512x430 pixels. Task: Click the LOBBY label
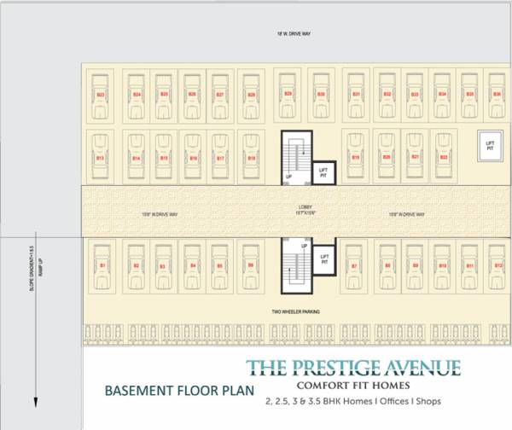tap(305, 206)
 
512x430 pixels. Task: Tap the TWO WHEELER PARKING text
tap(296, 312)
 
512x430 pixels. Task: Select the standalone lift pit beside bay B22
tap(489, 144)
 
